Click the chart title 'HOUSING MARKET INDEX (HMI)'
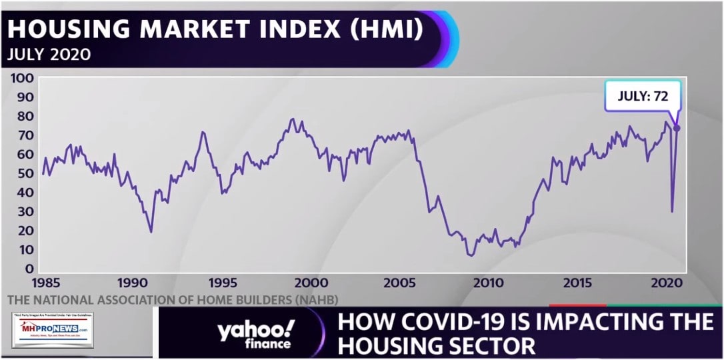tap(215, 29)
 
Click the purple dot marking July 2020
tap(677, 128)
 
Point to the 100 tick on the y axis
tap(21, 77)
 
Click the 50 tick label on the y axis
tap(24, 173)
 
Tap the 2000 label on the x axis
tap(310, 283)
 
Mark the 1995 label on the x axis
tap(221, 283)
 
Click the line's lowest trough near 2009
tap(471, 255)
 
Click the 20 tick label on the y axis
tap(24, 231)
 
